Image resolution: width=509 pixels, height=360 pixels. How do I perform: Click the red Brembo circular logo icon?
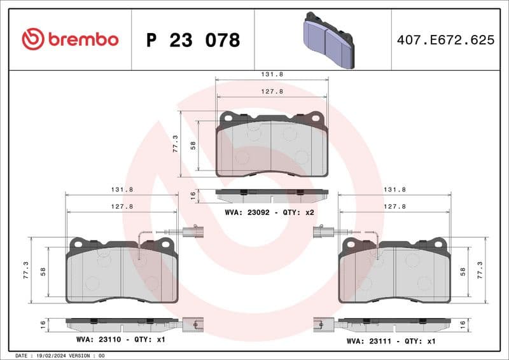(x=33, y=39)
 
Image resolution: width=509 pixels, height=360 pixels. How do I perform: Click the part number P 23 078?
(x=193, y=40)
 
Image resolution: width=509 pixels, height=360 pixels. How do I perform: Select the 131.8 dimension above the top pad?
(x=272, y=74)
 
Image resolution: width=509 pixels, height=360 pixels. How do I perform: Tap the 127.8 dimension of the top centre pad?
(x=272, y=91)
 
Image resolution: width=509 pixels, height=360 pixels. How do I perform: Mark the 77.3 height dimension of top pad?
(x=176, y=144)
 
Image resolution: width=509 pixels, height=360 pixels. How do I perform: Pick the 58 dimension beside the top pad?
(x=193, y=145)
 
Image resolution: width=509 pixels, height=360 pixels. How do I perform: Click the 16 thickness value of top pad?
(x=193, y=195)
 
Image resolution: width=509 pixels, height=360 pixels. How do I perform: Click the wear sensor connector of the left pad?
(x=193, y=232)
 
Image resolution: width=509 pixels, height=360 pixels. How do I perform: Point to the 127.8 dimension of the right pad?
(x=394, y=206)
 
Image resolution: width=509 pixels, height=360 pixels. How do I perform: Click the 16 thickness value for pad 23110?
(x=43, y=324)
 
